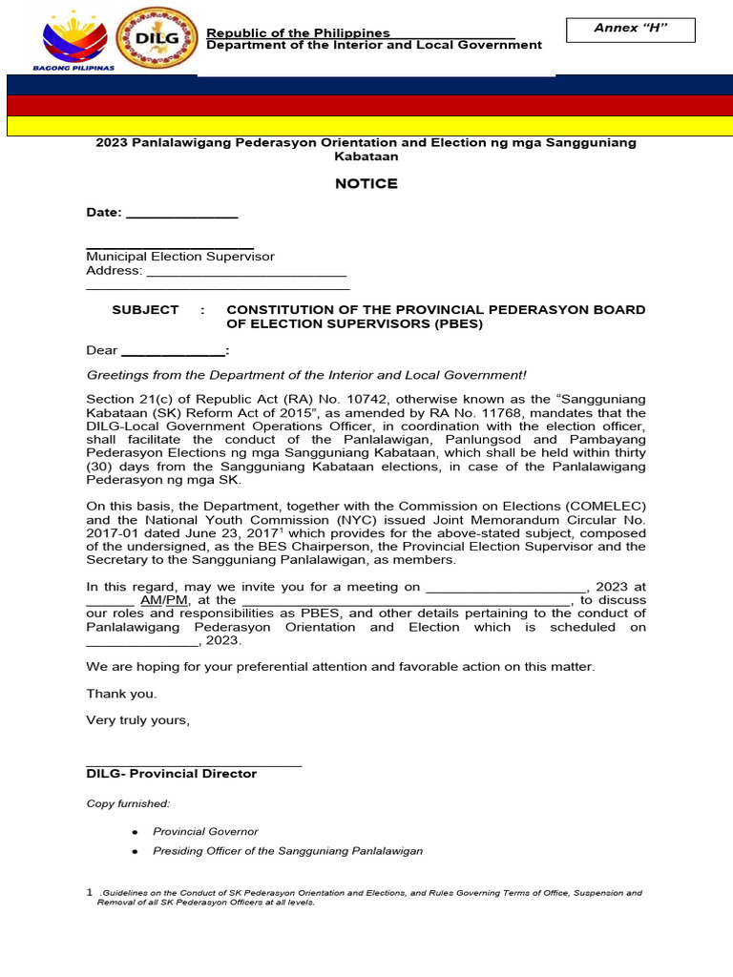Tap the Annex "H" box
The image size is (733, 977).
(630, 30)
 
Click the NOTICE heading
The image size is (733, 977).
(366, 183)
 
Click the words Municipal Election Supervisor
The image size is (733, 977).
(180, 257)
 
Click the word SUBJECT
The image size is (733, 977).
(145, 310)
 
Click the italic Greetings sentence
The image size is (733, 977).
(306, 376)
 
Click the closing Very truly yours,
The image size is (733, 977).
(138, 720)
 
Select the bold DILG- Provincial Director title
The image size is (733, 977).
(172, 774)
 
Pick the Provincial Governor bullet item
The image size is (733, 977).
(205, 832)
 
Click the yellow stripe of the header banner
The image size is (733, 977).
(366, 126)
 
